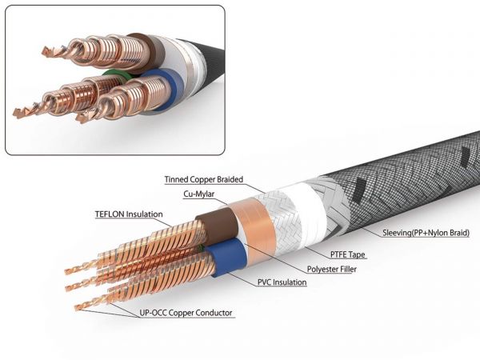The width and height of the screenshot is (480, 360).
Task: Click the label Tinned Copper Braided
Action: coord(203,180)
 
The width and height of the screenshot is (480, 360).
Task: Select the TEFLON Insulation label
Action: coord(129,214)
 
